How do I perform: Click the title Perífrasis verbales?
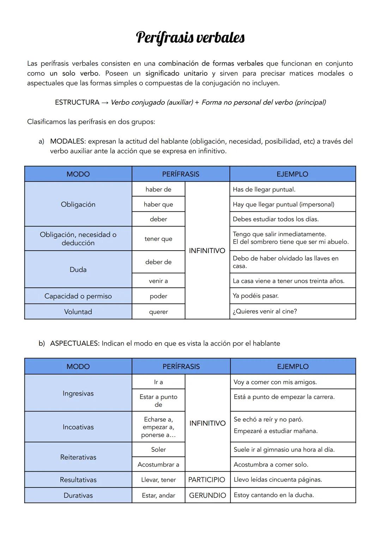coord(190,37)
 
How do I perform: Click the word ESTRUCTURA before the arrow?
coord(77,102)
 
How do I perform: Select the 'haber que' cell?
coord(158,204)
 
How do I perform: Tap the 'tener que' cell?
coord(158,239)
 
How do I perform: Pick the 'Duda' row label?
coord(78,270)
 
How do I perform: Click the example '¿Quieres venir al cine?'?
coord(265,311)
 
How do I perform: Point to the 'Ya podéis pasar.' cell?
coord(255,296)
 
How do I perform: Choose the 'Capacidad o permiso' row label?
coord(78,296)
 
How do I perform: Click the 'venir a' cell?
coord(158,281)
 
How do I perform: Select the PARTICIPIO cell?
coord(207,480)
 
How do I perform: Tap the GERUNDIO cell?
coord(207,496)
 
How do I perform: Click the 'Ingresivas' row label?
coord(78,393)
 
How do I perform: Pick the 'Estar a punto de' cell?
coord(158,400)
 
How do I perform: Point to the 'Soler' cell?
coord(158,450)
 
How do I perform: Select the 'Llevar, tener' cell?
coord(158,480)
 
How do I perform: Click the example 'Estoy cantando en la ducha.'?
coord(274,495)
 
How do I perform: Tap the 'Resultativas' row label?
coord(78,480)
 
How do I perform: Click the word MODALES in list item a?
coord(67,141)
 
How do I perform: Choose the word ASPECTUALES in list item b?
coord(74,344)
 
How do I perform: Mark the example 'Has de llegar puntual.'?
coord(264,189)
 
